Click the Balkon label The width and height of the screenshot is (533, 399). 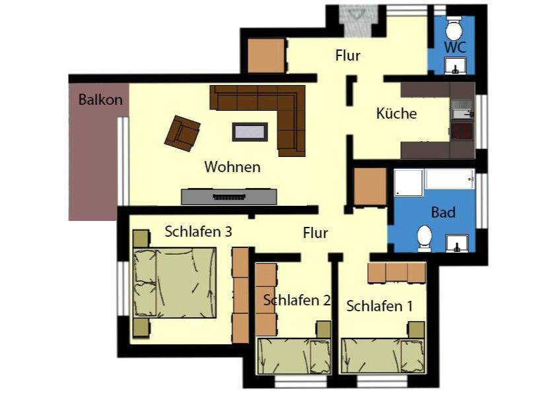[100, 100]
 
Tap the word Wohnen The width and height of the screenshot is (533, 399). [232, 167]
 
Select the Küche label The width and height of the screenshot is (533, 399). [396, 113]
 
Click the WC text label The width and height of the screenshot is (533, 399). [455, 47]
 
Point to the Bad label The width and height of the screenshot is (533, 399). [443, 212]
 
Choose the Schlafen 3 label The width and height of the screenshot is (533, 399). [197, 232]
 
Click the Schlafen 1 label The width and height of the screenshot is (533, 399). [379, 307]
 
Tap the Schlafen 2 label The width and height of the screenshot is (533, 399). [297, 301]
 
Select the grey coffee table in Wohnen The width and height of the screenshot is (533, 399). [250, 131]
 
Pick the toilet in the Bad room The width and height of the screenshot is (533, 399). [425, 237]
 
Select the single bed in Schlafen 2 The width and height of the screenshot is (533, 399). [294, 356]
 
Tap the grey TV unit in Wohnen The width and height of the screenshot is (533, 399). [228, 196]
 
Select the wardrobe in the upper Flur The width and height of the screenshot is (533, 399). [267, 55]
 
